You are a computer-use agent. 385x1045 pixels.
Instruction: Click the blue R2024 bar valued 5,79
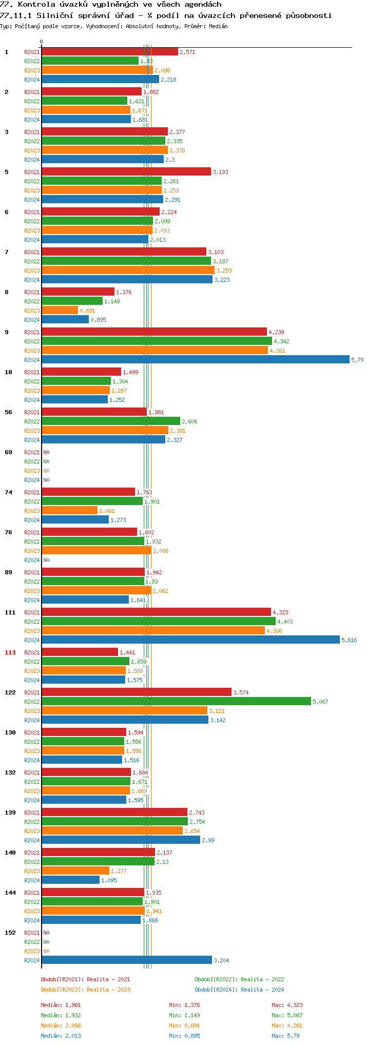coord(195,360)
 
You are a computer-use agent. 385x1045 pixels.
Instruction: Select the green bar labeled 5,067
coord(176,702)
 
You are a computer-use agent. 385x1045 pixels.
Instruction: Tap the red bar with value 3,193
coord(126,172)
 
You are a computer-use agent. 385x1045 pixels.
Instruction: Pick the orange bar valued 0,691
coord(60,311)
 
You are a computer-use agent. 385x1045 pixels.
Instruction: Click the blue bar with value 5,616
coord(190,640)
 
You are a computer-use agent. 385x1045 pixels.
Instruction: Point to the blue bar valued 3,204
coord(126,960)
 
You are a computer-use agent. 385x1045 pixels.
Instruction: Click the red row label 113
coord(10,652)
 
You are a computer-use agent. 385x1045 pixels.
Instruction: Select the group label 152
coord(10,933)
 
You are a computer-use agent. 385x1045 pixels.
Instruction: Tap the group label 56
coord(8,412)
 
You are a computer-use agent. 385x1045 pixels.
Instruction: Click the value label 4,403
coord(285,622)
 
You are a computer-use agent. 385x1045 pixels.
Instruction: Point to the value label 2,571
coord(187,52)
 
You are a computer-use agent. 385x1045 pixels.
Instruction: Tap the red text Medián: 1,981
coord(61,1005)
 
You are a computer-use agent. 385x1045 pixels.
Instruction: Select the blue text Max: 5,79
coord(285,1036)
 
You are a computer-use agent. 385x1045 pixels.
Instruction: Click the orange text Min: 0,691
coord(184,1025)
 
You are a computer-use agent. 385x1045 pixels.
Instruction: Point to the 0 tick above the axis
coord(42,42)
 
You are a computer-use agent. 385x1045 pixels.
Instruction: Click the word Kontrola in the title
coord(36,5)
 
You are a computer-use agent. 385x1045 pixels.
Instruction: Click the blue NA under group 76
coord(46,560)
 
